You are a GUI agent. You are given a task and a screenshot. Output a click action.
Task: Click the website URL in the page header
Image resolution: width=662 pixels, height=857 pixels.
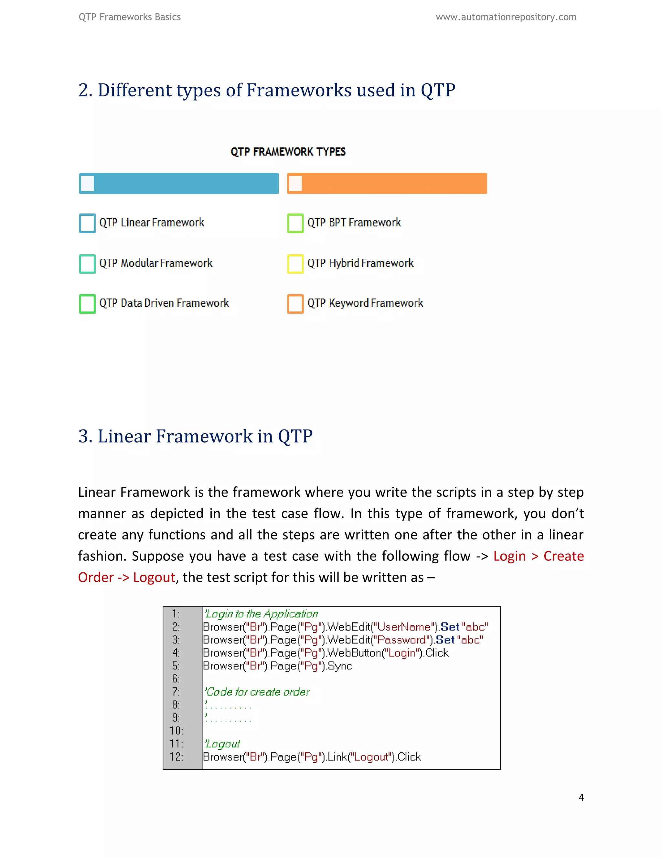[506, 17]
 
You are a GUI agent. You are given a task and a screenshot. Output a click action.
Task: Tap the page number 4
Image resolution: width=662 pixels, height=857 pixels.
[581, 797]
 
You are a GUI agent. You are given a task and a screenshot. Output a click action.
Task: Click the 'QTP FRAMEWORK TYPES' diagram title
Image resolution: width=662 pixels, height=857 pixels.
[288, 152]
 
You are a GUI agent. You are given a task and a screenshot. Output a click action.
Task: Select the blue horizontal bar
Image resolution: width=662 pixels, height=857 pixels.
[179, 183]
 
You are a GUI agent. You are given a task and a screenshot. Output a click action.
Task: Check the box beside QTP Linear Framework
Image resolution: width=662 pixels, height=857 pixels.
[87, 223]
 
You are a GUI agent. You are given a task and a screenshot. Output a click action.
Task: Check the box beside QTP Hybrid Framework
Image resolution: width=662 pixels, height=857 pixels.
[295, 263]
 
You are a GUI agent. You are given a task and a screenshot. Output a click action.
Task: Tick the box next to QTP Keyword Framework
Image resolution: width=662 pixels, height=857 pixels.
[295, 303]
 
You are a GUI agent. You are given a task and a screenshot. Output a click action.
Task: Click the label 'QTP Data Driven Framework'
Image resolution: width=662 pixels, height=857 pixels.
[164, 303]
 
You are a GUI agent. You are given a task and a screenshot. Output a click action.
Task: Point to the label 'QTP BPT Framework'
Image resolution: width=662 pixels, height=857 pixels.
[354, 223]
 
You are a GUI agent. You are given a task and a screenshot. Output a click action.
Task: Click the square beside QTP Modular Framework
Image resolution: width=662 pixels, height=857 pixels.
[87, 263]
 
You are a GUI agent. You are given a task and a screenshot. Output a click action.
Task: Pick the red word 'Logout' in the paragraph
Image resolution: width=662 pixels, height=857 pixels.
[154, 578]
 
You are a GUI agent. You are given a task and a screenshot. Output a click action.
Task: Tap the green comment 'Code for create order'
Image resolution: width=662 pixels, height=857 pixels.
[257, 692]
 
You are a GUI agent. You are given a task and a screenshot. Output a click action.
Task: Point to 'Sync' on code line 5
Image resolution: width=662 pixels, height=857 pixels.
[340, 666]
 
